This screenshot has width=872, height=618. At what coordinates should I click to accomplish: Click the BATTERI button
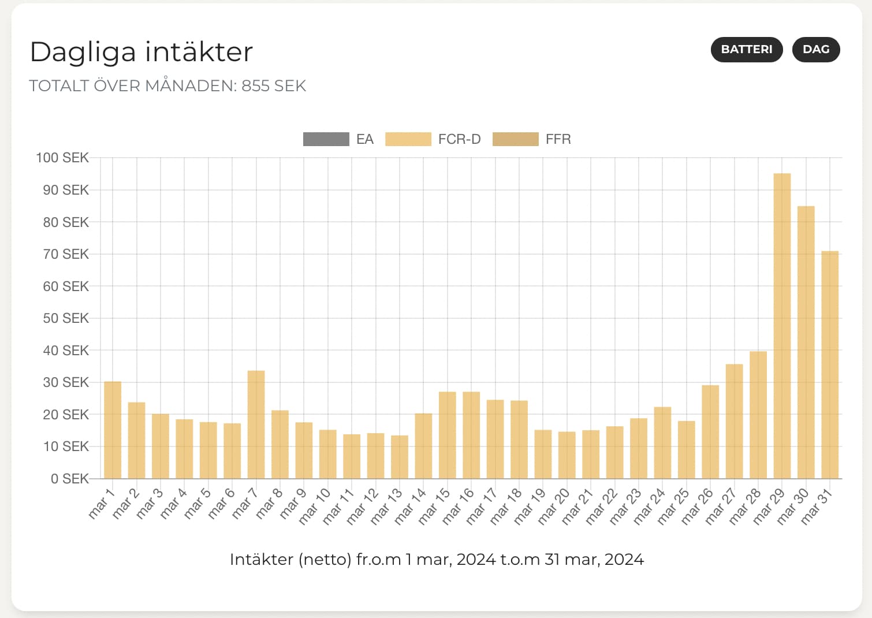point(746,50)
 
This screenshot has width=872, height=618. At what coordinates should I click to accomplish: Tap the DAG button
point(815,50)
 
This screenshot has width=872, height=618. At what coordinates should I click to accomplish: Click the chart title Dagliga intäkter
point(141,52)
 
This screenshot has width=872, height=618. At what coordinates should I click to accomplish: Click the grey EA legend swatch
point(326,139)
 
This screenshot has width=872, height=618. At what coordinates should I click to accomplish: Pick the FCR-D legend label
point(459,139)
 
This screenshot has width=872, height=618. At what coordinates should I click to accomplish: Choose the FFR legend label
point(558,139)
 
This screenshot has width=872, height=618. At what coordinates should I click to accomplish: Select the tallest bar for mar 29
point(782,326)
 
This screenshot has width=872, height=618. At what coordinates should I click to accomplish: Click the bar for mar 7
point(256,425)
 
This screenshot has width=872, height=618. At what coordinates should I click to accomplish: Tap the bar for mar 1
point(113,430)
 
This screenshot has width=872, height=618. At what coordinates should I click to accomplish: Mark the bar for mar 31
point(830,365)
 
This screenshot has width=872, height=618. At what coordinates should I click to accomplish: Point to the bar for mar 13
point(400,457)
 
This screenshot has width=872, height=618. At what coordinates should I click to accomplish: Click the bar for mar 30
point(806,342)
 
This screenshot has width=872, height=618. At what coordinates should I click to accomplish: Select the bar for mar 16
point(471,435)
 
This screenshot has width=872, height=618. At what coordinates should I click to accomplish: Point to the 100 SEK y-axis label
point(62,158)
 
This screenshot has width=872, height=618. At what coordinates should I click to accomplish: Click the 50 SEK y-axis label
point(65,318)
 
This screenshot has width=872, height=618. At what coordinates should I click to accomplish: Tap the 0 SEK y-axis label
point(69,479)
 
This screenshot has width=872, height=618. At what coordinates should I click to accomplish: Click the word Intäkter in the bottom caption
point(261,560)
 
